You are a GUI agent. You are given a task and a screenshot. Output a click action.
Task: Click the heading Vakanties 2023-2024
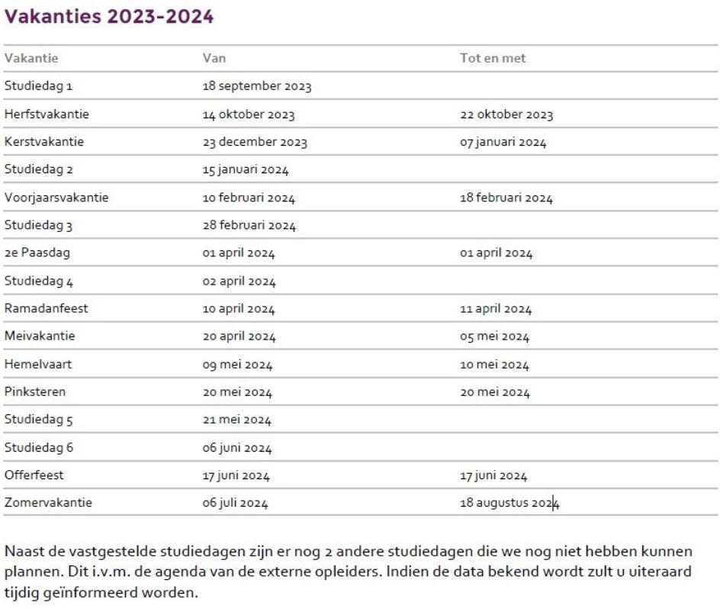pos(109,16)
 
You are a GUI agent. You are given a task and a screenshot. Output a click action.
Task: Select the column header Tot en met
pos(493,58)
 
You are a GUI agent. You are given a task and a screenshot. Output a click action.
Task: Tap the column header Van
pos(214,58)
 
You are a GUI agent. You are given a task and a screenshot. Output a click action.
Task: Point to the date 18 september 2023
pos(256,86)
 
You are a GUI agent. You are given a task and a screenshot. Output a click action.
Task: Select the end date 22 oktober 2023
pos(506,115)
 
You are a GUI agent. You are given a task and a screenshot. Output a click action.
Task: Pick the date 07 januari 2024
pos(503,143)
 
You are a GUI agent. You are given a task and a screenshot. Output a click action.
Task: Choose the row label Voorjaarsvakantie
pos(56,198)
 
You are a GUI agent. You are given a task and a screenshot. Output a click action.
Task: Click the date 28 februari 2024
pos(249,226)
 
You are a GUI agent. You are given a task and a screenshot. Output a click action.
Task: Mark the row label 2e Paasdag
pos(38,253)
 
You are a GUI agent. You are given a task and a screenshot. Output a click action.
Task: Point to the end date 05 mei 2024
pos(493,336)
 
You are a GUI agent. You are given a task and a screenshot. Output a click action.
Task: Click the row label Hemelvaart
pos(38,364)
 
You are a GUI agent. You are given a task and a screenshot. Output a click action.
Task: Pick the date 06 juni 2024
pos(236,448)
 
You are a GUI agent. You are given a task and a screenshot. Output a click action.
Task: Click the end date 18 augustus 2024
pos(509,503)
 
